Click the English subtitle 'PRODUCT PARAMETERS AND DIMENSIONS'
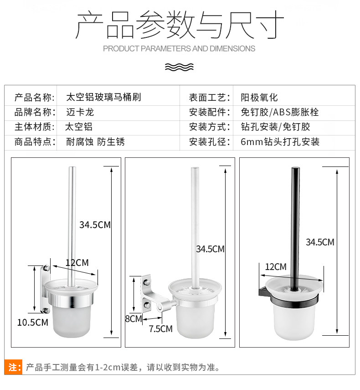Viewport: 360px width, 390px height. point(179,48)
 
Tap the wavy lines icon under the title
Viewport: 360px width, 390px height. point(179,67)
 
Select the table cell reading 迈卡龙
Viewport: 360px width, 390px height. point(80,112)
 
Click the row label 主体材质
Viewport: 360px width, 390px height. point(35,127)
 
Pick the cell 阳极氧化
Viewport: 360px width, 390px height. point(259,98)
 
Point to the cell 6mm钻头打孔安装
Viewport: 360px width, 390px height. point(280,142)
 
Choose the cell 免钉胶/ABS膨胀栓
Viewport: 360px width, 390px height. point(279,112)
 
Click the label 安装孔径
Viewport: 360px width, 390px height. point(210,142)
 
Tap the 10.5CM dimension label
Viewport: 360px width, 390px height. point(32,322)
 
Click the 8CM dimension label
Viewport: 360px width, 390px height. point(134,319)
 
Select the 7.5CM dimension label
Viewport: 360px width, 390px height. point(160,329)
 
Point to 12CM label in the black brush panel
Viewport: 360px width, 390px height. point(276,267)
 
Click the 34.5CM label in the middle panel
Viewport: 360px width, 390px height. point(210,249)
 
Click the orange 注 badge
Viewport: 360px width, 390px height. point(13,367)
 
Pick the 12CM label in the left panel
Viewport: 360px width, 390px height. point(77,263)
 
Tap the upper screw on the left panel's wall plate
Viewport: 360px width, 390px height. point(46,268)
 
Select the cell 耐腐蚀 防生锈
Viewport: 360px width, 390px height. point(95,142)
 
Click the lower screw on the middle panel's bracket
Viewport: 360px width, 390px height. point(146,305)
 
